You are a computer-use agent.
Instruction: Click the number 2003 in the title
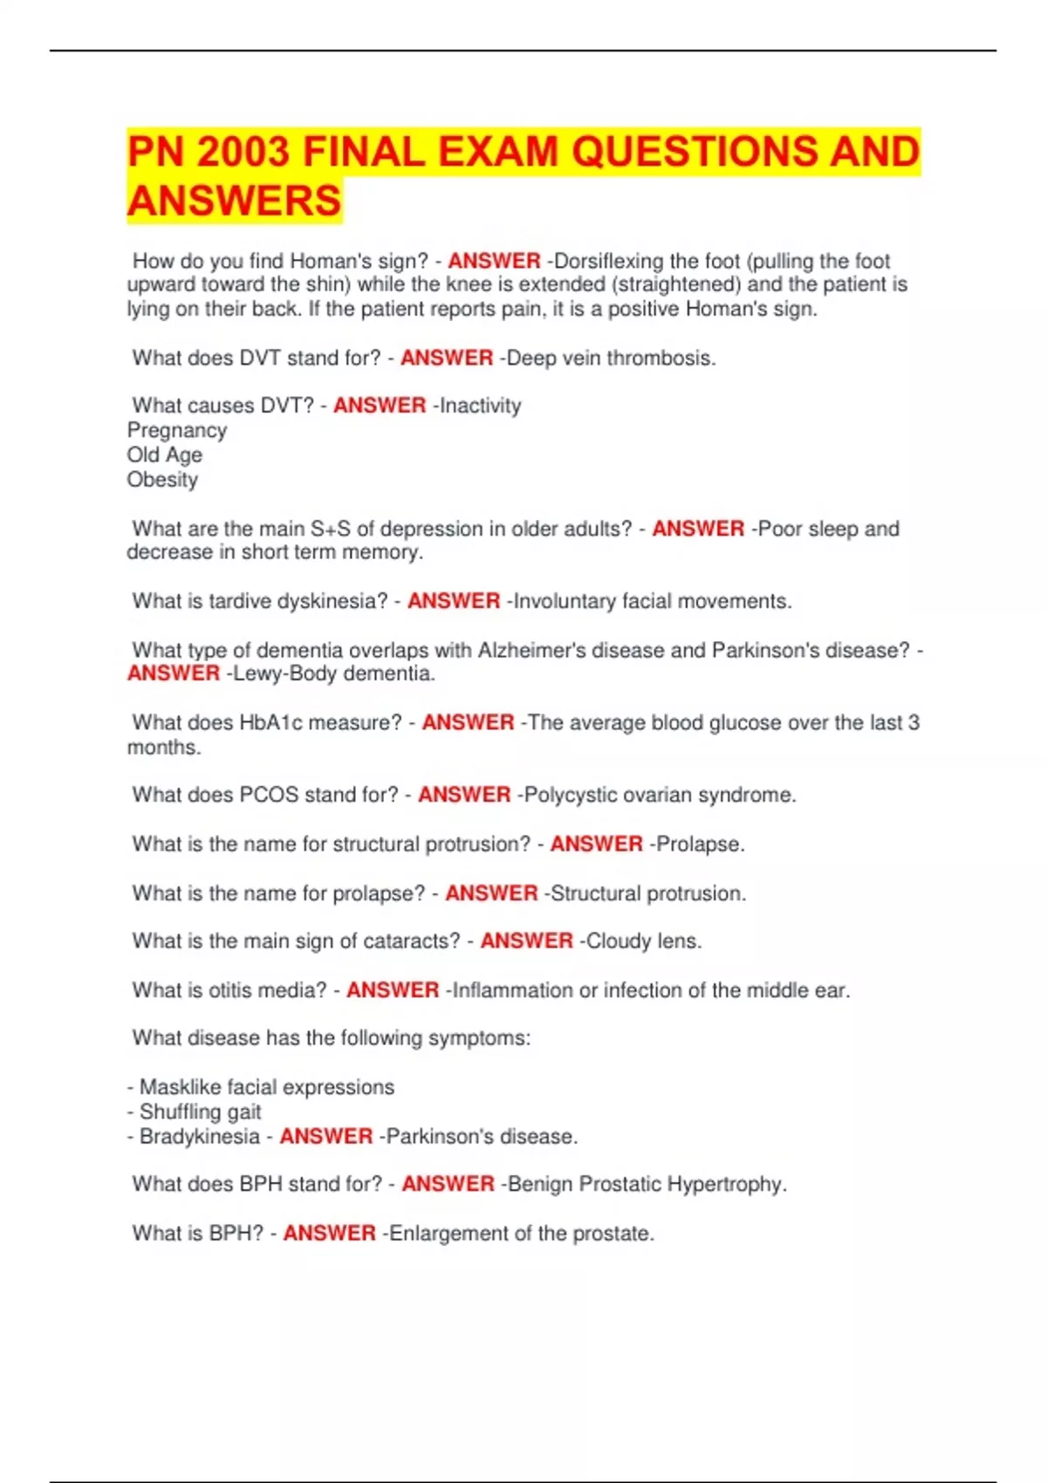[x=243, y=152]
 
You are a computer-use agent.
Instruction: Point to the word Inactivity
[x=480, y=406]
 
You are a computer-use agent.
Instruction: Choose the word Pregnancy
[x=177, y=431]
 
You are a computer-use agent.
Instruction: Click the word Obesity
[x=162, y=480]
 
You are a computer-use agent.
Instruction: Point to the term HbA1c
[x=270, y=722]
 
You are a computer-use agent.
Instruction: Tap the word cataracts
[x=411, y=941]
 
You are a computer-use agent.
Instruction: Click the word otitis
[x=229, y=990]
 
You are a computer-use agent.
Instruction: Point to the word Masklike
[x=180, y=1087]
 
